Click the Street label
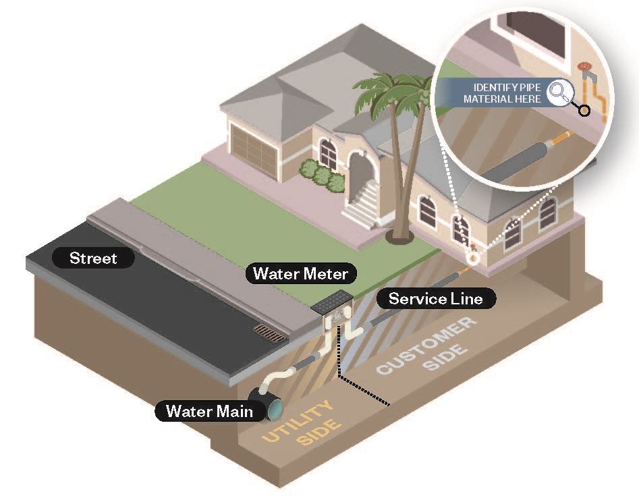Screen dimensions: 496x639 click(x=93, y=258)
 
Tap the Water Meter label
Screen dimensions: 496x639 click(x=300, y=273)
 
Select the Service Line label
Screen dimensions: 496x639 click(x=435, y=298)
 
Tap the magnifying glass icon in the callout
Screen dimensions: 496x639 click(x=558, y=94)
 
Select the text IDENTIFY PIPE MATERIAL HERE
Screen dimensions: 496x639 click(x=507, y=94)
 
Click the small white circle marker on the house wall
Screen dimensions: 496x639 click(x=474, y=257)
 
